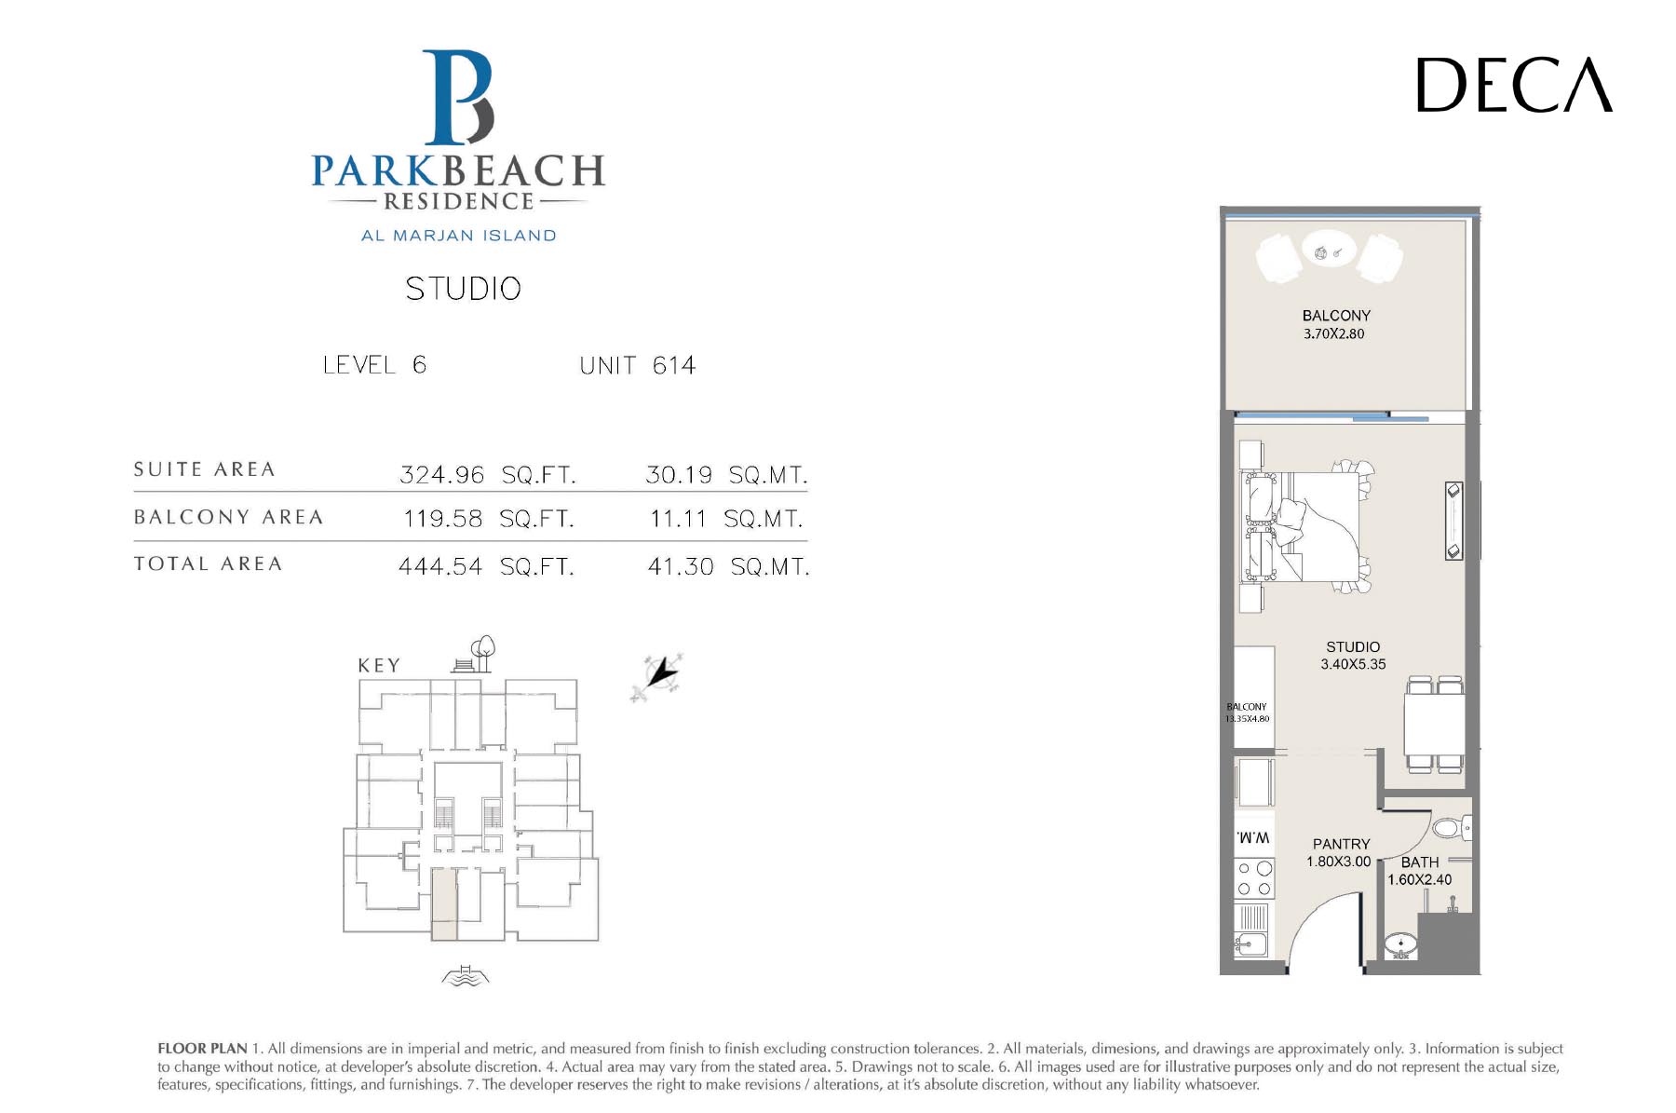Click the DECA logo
[1514, 85]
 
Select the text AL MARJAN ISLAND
[458, 236]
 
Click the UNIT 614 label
[637, 365]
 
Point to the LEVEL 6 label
[374, 364]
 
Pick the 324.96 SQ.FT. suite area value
[488, 475]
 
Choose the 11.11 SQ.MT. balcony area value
[726, 519]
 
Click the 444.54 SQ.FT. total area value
[486, 566]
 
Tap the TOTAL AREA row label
[208, 563]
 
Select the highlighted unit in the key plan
[444, 903]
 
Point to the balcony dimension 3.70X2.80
[1333, 333]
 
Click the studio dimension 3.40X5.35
[1353, 664]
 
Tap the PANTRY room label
[1341, 844]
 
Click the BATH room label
[1420, 862]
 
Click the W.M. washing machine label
[1253, 837]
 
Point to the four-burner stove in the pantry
[1254, 878]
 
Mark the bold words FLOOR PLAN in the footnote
[202, 1049]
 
